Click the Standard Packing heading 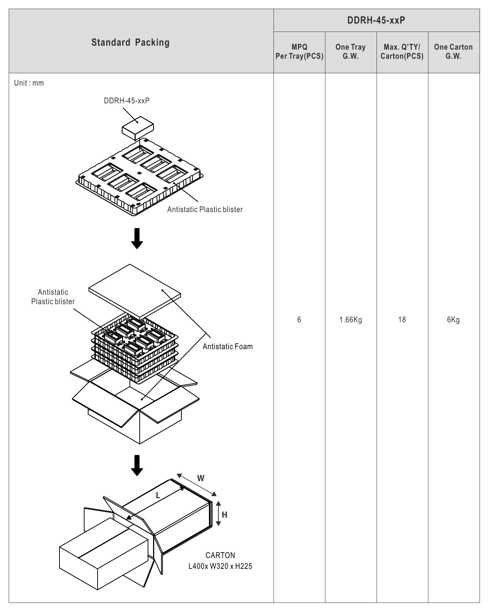(130, 42)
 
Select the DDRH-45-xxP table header (376, 20)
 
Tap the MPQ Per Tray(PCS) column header (299, 51)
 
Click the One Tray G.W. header (350, 51)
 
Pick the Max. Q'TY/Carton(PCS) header (402, 51)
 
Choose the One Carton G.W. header (453, 51)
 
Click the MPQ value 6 (299, 320)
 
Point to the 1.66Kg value (350, 320)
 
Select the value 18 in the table (402, 320)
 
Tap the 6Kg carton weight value (453, 320)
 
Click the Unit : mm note (29, 83)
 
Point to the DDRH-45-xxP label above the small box (127, 101)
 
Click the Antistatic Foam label (228, 347)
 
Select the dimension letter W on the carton (201, 478)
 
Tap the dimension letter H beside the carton (225, 515)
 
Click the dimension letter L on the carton (158, 495)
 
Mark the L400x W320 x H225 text (220, 566)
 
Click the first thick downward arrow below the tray (137, 238)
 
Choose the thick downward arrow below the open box (137, 465)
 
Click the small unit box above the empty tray (137, 128)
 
